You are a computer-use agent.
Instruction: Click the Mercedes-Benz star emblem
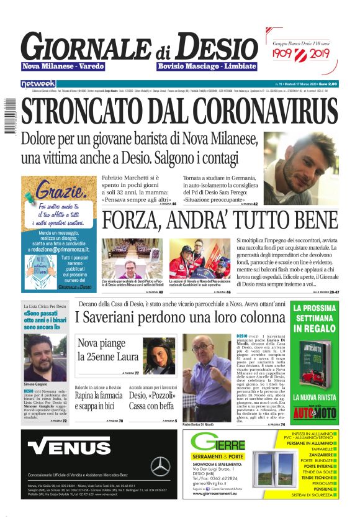coord(160,465)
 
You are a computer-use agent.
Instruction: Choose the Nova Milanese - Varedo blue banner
coord(63,66)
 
